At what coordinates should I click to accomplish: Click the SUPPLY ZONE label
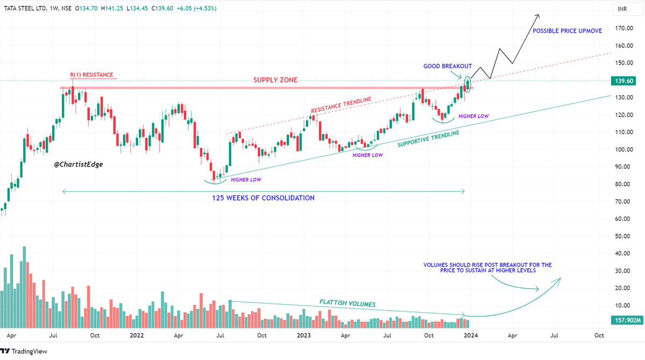click(x=276, y=80)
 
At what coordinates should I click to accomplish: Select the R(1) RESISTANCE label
click(x=91, y=75)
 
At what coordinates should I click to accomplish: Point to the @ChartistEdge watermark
click(x=78, y=164)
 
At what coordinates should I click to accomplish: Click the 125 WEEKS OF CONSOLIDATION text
click(x=263, y=198)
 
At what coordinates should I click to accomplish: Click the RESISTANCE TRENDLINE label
click(x=341, y=106)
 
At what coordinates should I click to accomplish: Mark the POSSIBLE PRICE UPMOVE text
click(x=567, y=31)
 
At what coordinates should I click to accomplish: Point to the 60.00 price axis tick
click(x=623, y=219)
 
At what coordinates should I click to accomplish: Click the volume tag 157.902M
click(x=627, y=321)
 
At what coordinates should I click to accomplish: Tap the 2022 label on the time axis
click(x=137, y=335)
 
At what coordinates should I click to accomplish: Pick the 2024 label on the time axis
click(x=470, y=335)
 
